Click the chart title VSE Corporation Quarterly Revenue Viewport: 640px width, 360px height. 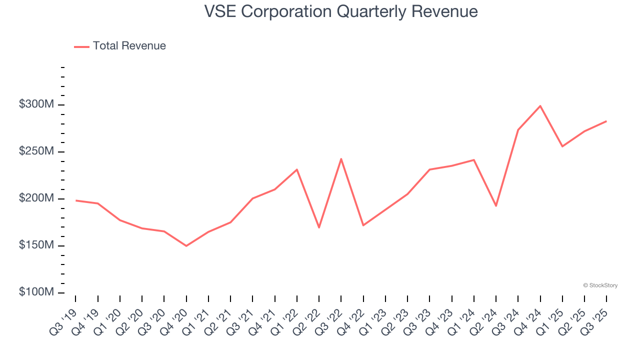(341, 11)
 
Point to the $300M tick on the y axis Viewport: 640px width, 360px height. (36, 105)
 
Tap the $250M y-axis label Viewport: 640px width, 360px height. (36, 151)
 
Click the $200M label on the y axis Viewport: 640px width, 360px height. (36, 198)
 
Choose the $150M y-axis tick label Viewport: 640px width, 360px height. (36, 245)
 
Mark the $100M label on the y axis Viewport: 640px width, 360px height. (36, 292)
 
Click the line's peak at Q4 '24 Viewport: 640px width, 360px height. (540, 106)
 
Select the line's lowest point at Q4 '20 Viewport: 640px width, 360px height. (186, 246)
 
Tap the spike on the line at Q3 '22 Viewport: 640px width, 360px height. (341, 159)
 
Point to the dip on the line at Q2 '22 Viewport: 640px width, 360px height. (319, 227)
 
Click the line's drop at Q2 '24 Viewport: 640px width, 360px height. (496, 206)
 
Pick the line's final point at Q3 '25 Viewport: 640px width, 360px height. (606, 121)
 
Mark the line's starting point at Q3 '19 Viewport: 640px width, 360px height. (75, 200)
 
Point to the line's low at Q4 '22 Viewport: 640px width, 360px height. (363, 225)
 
